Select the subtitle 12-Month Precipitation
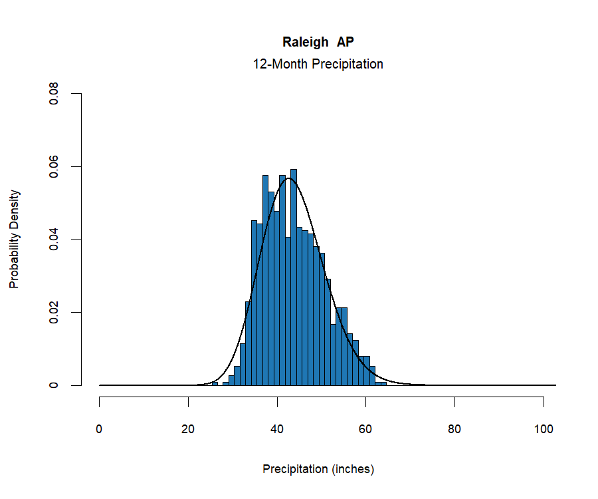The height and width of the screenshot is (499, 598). (318, 65)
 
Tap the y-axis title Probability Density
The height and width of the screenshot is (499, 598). (15, 240)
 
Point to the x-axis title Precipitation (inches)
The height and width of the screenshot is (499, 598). (318, 469)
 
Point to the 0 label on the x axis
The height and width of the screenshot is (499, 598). (100, 429)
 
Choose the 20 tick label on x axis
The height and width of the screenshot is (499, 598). (189, 429)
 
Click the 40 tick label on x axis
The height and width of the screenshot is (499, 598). (278, 429)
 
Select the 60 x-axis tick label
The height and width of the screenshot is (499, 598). (366, 429)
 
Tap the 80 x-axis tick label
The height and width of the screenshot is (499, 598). (455, 429)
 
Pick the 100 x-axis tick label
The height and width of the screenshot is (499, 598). (544, 429)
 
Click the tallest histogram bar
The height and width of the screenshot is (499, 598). (294, 279)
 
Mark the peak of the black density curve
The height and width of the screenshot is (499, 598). (288, 178)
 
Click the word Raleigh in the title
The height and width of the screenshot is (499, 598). (306, 42)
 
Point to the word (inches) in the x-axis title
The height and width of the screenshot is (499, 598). (352, 469)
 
